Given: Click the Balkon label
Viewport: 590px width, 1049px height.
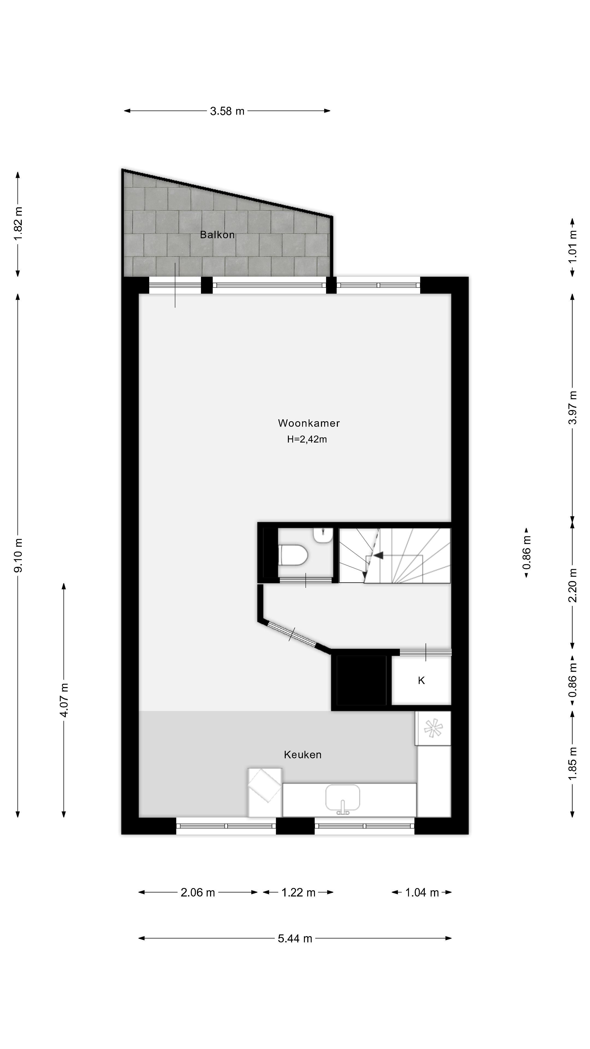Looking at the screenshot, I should (x=217, y=235).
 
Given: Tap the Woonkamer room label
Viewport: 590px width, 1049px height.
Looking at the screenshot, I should (x=309, y=423).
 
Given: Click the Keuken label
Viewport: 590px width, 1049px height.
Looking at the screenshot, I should (x=303, y=755).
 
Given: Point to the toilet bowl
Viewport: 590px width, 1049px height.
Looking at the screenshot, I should (x=293, y=555).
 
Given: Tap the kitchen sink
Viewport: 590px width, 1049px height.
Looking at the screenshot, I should (x=343, y=798).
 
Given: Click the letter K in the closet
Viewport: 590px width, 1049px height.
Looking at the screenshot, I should (x=421, y=680).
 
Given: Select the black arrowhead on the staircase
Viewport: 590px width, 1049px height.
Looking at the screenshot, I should (x=378, y=555).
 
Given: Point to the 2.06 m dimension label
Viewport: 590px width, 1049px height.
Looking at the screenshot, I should (x=197, y=893).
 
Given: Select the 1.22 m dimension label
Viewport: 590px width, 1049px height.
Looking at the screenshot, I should (x=299, y=893).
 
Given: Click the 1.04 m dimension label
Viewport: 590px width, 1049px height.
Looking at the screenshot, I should (x=422, y=893).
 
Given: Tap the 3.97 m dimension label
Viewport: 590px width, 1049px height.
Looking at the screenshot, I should (x=573, y=407).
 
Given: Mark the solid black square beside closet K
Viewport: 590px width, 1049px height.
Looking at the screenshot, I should (x=361, y=680).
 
